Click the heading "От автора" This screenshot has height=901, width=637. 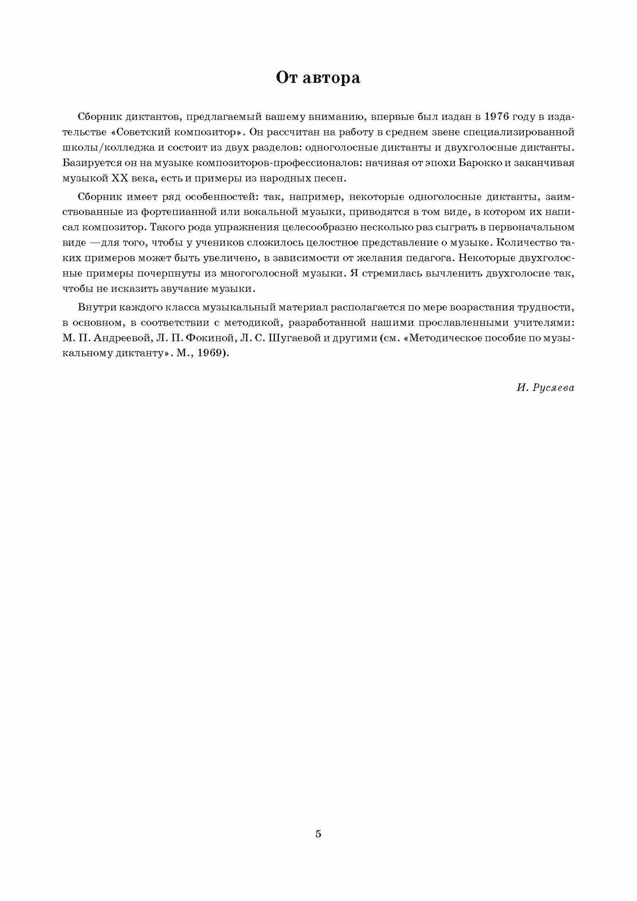pos(318,78)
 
